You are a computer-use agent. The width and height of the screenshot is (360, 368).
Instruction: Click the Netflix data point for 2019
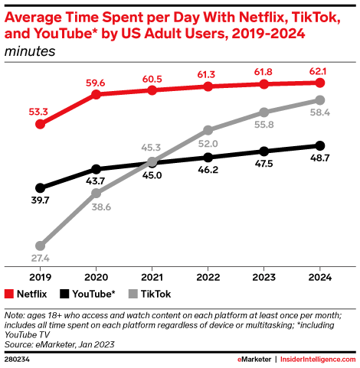(40, 123)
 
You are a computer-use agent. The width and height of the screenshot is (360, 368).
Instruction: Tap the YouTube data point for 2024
(320, 145)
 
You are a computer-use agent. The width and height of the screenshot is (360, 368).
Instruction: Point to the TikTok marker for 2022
(208, 131)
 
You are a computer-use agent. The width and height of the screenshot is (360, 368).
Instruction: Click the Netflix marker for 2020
(96, 94)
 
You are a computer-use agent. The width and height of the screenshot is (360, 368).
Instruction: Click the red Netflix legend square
(9, 293)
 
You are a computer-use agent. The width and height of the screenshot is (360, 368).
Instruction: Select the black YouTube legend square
(64, 293)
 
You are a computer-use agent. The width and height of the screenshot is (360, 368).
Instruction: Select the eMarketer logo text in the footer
(257, 358)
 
